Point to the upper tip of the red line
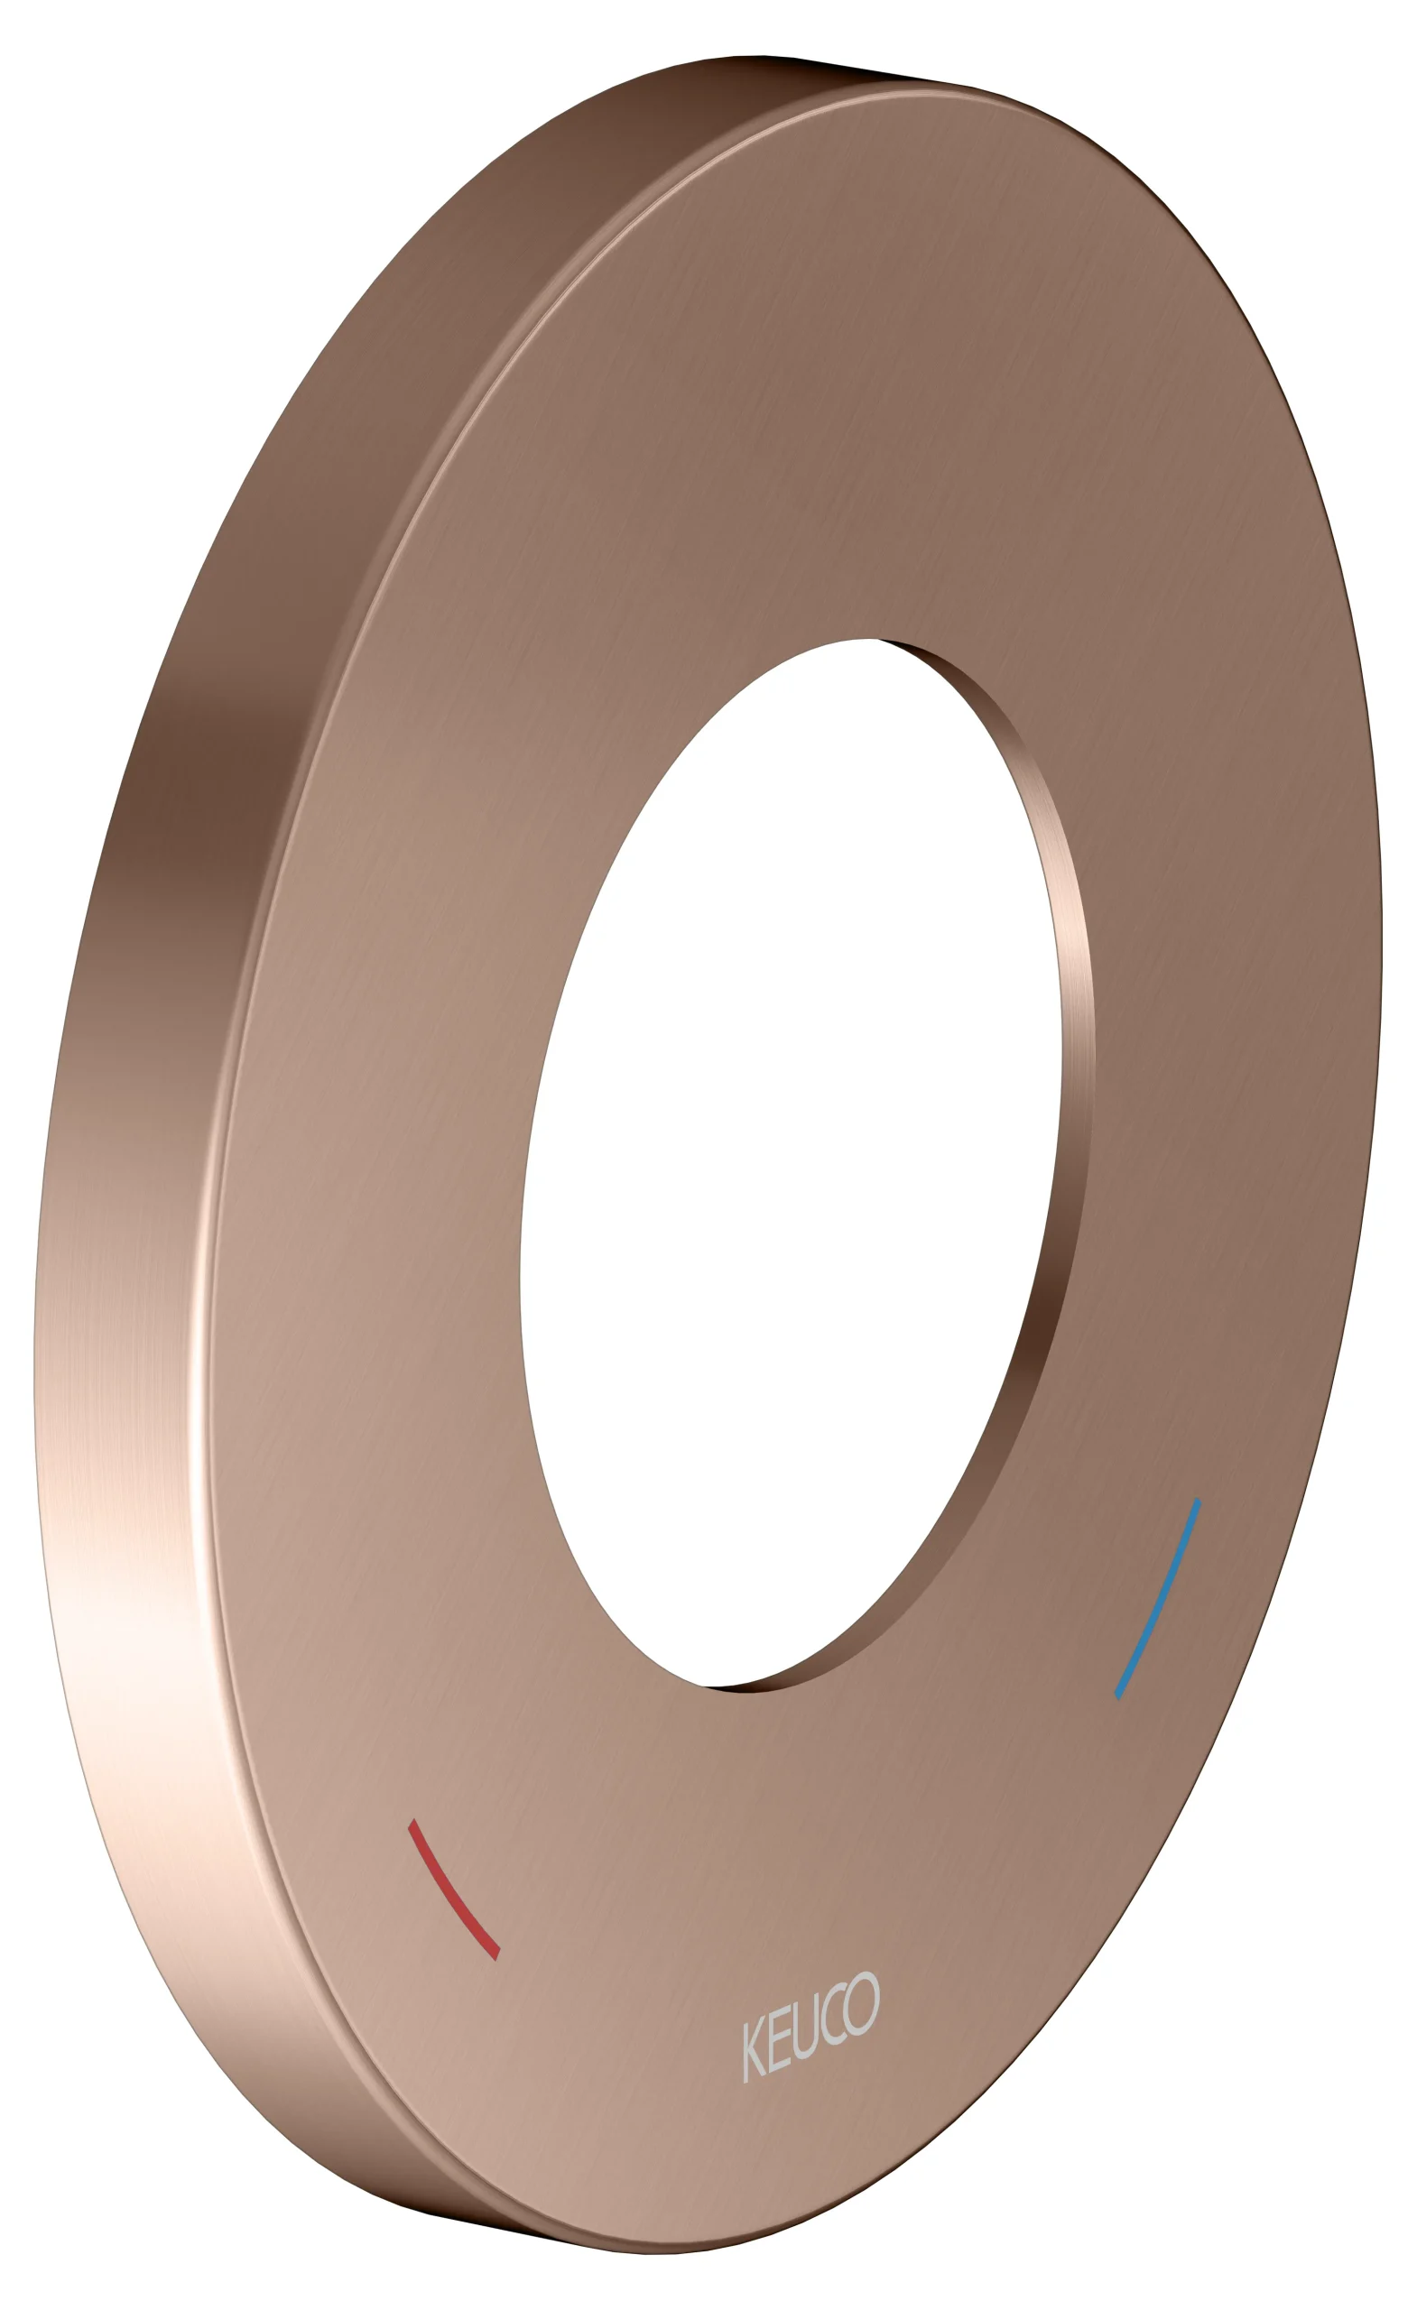(412, 1824)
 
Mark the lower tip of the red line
(497, 1954)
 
